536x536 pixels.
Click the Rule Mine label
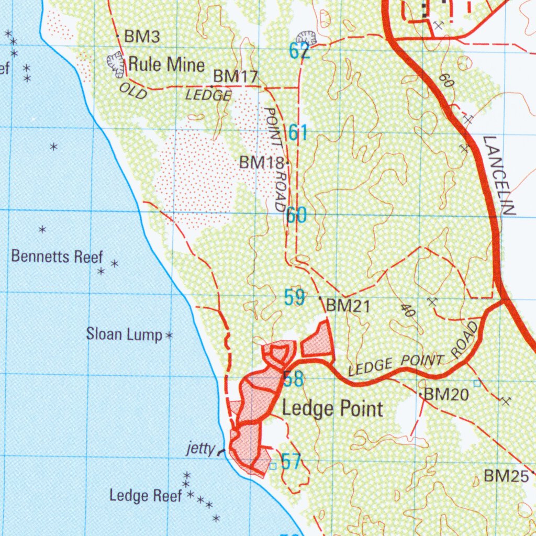click(x=166, y=65)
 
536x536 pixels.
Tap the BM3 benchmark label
click(x=141, y=37)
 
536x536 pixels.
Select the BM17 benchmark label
click(x=236, y=76)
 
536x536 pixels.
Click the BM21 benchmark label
click(x=348, y=306)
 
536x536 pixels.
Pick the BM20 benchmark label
click(x=445, y=395)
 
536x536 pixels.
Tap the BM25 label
click(x=506, y=476)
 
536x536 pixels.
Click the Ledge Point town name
click(x=332, y=408)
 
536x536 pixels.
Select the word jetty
click(x=200, y=449)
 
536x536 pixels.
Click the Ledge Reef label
click(x=146, y=495)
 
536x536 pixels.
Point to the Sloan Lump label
click(x=124, y=334)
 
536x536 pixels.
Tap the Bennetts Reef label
click(x=57, y=256)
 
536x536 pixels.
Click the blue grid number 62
click(x=299, y=51)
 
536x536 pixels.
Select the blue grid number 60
click(x=296, y=215)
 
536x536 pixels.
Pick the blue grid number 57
click(x=291, y=462)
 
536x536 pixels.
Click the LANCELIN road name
click(x=499, y=175)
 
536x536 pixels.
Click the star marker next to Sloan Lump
click(x=169, y=335)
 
